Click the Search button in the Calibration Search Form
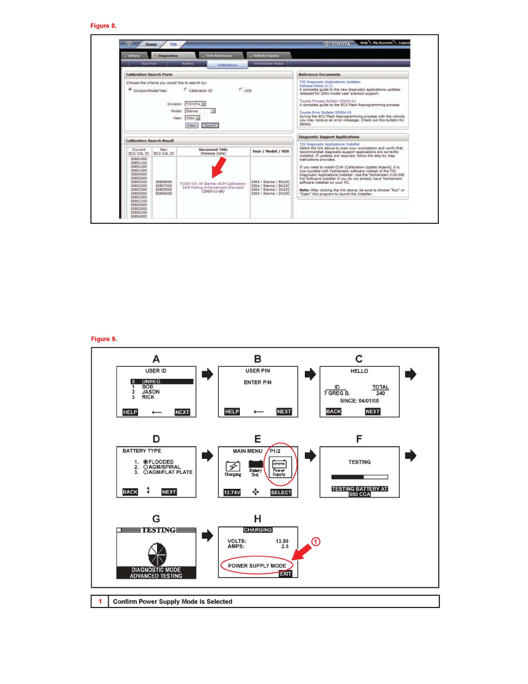[x=210, y=126]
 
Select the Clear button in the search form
[x=192, y=126]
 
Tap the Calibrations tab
[x=227, y=65]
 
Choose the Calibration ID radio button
[x=186, y=90]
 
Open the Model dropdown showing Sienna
[x=201, y=111]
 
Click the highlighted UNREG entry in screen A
[x=162, y=381]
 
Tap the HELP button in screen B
[x=232, y=412]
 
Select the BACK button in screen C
[x=334, y=412]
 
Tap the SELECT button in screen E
[x=281, y=492]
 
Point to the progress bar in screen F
[x=359, y=477]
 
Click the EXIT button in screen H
[x=286, y=574]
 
